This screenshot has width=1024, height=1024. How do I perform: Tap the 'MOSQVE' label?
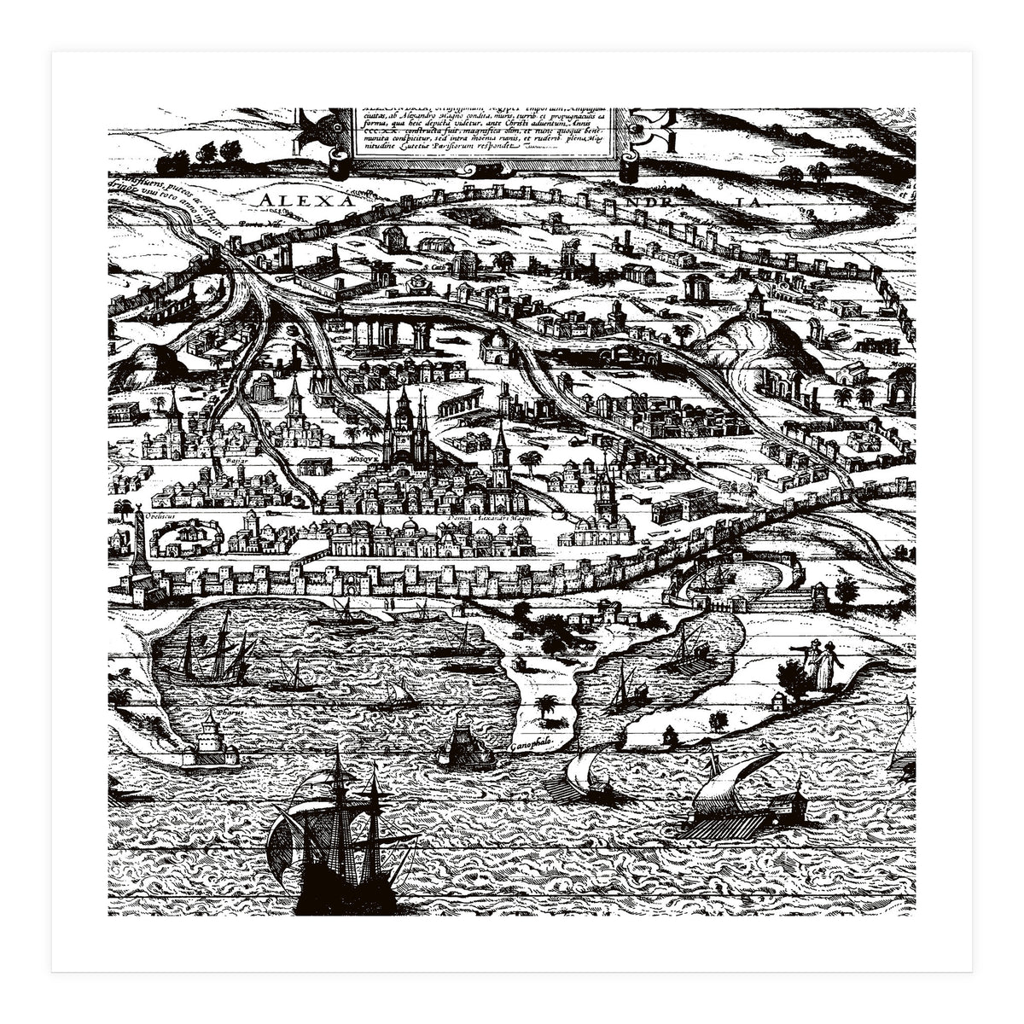pyautogui.click(x=364, y=458)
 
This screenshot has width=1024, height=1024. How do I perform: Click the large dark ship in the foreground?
pyautogui.click(x=341, y=845)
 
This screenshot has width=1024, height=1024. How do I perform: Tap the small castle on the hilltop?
pyautogui.click(x=754, y=300)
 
